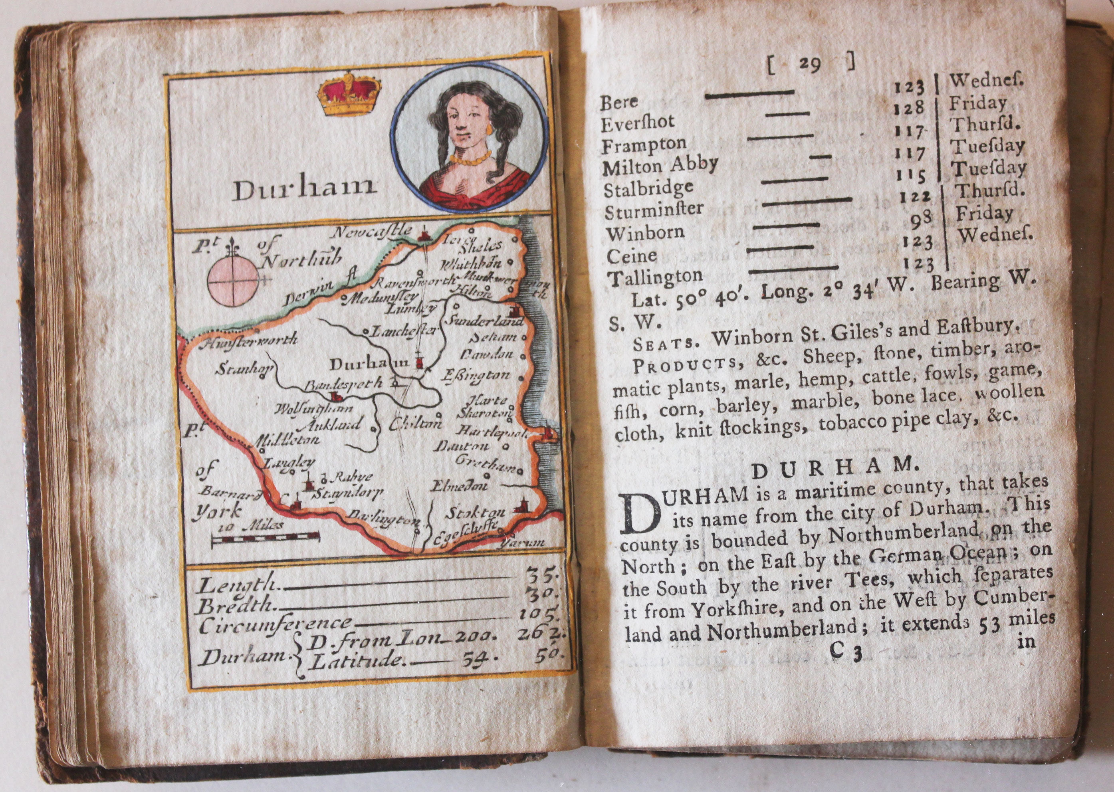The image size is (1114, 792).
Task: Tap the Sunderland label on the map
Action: (482, 321)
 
